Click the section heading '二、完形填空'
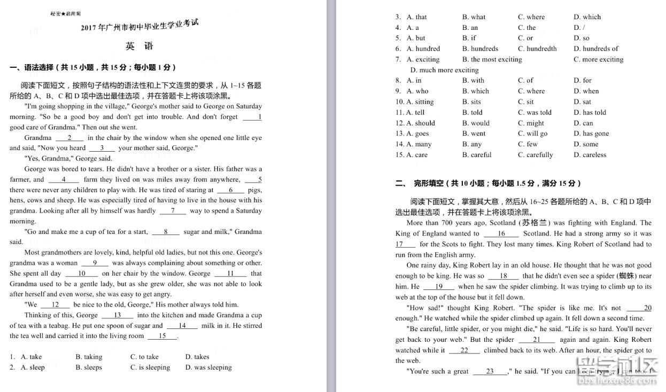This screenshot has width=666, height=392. (x=488, y=183)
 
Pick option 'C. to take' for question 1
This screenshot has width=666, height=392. (x=144, y=357)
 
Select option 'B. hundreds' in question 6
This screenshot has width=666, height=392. (x=480, y=49)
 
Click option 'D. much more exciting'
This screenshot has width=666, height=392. (x=444, y=70)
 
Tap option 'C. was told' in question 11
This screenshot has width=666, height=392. (x=535, y=113)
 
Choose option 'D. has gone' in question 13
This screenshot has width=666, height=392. (x=591, y=134)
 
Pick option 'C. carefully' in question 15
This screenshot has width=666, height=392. (x=535, y=155)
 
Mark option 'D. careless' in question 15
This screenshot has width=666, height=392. (x=590, y=155)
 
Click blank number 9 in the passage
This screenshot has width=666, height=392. (x=95, y=263)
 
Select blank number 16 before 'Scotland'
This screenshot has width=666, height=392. (x=501, y=233)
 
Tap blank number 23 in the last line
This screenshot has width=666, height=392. (x=490, y=371)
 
